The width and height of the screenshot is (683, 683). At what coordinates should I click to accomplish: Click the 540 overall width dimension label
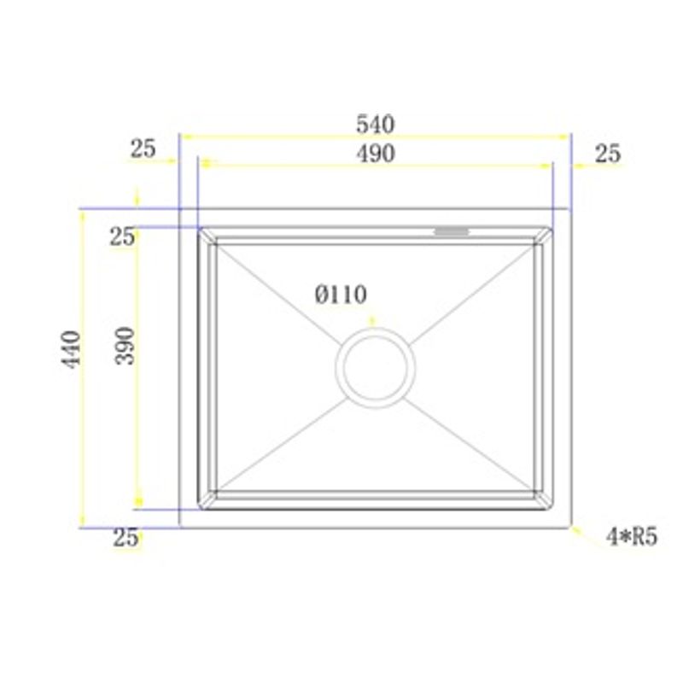[x=375, y=125]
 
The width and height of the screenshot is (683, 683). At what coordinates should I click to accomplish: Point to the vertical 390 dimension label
[x=126, y=345]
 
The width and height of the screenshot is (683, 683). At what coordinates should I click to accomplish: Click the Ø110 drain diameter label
[x=341, y=295]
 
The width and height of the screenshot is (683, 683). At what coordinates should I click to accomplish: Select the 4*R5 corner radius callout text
[x=631, y=537]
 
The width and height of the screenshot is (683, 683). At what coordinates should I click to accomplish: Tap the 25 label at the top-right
[x=608, y=154]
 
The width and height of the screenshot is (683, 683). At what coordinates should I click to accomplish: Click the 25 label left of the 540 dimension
[x=143, y=149]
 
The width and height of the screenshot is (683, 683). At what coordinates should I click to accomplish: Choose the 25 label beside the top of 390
[x=122, y=236]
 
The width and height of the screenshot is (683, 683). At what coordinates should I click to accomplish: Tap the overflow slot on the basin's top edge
[x=452, y=231]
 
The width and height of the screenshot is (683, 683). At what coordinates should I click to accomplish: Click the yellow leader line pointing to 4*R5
[x=586, y=534]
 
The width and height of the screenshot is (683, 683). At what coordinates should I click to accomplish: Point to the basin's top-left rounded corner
[x=201, y=231]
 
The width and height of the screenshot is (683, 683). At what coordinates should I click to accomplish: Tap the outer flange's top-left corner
[x=179, y=208]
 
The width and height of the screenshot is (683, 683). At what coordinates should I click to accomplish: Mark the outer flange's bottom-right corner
[x=570, y=528]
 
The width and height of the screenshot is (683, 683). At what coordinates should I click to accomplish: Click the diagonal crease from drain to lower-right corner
[x=470, y=448]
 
